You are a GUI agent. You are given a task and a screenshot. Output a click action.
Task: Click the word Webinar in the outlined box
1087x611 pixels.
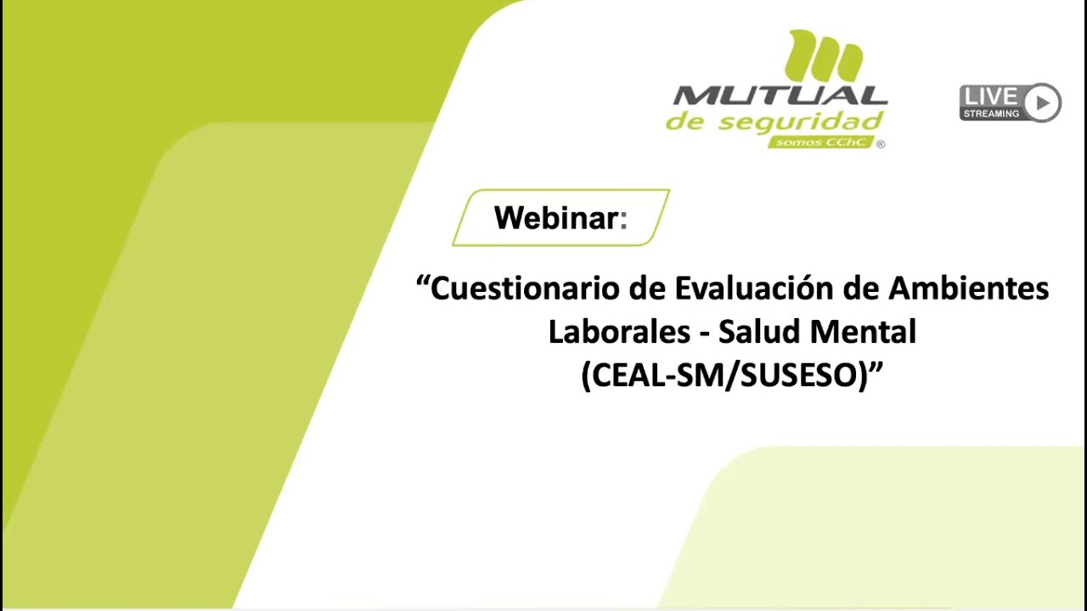pos(555,218)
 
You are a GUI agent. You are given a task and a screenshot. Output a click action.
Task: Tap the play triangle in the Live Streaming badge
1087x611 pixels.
pos(1042,103)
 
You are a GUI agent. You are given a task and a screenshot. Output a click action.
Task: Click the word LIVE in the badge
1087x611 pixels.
pos(991,96)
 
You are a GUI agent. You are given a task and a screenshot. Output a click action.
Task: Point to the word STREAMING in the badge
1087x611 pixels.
pos(991,113)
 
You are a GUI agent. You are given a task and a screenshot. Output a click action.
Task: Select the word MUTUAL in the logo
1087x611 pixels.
pos(780,96)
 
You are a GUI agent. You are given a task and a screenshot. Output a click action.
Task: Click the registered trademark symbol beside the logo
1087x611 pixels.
pos(880,144)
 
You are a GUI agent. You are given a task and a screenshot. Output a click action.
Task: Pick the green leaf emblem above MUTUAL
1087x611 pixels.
pos(825,57)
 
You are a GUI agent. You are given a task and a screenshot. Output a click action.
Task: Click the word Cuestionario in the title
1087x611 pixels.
pos(526,289)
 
